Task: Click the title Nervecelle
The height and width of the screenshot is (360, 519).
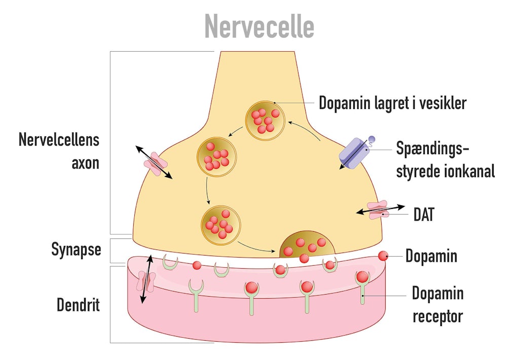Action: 259,26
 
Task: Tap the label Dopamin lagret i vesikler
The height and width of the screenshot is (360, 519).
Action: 392,103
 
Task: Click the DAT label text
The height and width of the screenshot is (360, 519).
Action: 424,214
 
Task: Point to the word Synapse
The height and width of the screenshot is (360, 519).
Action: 76,249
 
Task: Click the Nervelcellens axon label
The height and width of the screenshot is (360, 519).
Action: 59,151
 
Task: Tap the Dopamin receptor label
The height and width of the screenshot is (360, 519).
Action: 437,305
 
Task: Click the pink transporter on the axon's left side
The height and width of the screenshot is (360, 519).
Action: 155,163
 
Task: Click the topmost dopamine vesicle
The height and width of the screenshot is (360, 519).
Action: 263,120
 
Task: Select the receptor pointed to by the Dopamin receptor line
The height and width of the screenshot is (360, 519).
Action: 362,284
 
